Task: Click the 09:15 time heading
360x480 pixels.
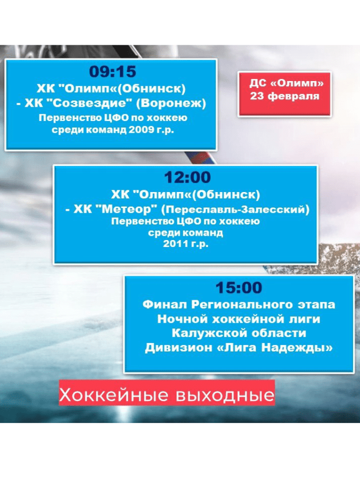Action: [x=113, y=71]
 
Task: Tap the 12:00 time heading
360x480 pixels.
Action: [x=187, y=178]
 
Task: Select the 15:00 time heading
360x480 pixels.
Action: [x=239, y=288]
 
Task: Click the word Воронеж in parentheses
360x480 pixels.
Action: [x=171, y=103]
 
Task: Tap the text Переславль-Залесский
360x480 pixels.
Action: [x=235, y=210]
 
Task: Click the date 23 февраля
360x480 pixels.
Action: [x=285, y=96]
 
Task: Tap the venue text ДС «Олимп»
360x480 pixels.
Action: [x=286, y=83]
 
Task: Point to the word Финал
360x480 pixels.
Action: [x=165, y=305]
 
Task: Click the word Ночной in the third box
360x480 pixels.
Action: [x=182, y=319]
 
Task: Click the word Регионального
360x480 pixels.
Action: [x=242, y=305]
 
